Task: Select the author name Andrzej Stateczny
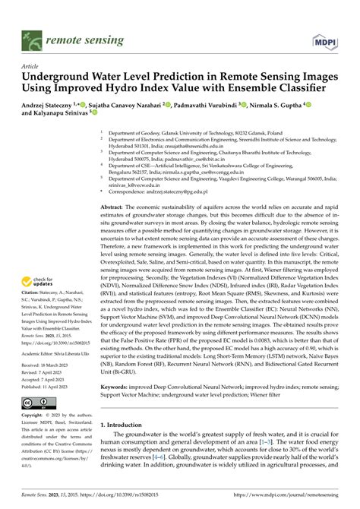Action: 56,103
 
